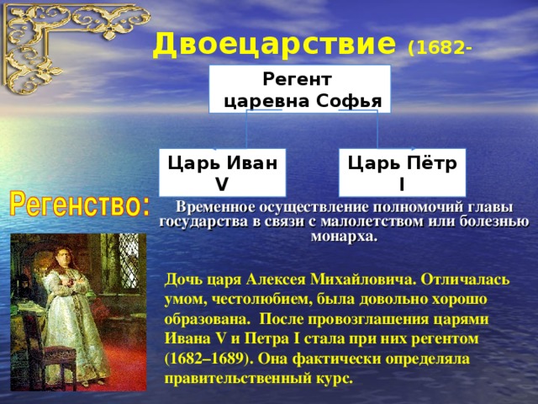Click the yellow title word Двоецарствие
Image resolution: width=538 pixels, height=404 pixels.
274,45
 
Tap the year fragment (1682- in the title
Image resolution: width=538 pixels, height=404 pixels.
440,49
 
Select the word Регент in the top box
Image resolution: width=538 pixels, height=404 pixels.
297,79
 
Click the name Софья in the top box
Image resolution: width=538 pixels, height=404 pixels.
349,101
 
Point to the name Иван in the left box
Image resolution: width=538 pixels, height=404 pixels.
252,162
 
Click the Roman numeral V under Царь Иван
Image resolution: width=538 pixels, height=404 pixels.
222,185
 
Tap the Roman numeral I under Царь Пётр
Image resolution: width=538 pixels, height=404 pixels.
402,185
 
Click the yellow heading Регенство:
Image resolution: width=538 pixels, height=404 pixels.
80,205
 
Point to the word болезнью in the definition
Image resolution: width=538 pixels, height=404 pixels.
494,221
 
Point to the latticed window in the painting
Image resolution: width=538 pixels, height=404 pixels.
129,261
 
